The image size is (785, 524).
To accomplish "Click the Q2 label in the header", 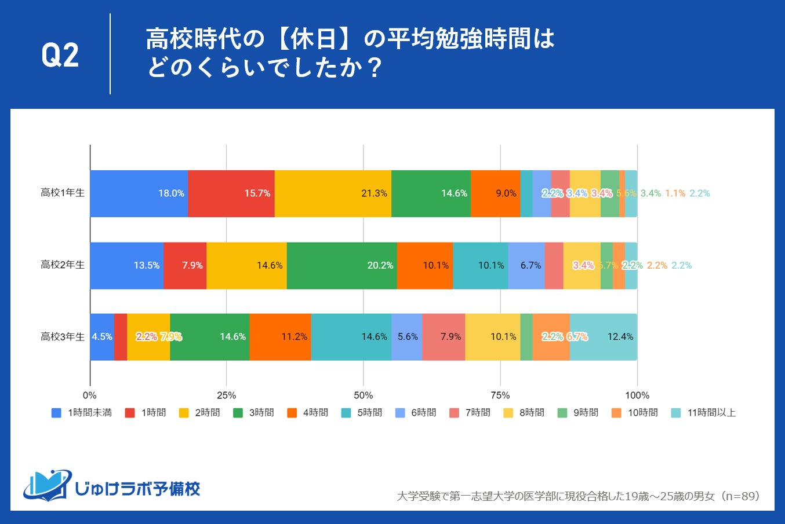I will coord(60,56).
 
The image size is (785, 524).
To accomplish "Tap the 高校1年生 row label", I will coord(63,193).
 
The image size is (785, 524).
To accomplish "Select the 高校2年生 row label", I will coord(63,265).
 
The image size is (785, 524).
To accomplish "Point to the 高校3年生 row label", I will coord(63,336).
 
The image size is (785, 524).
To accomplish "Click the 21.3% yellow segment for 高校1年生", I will coord(333,193).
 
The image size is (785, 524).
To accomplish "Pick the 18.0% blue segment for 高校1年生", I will coord(139,193).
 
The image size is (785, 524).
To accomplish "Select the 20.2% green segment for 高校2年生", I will coord(342,265).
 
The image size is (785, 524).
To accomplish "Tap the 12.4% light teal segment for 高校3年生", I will coord(604,336).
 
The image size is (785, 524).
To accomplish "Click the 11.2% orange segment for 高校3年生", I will coord(280,336).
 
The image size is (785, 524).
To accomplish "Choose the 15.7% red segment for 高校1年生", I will coord(231,193).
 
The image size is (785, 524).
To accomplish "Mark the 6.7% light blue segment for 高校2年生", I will coord(526,265).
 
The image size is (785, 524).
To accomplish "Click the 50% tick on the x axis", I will coord(364,395).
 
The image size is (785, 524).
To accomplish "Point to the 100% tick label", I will coord(637,395).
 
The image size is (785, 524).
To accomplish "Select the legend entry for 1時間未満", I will coord(82,413).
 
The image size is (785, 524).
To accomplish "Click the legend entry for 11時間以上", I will coord(703,413).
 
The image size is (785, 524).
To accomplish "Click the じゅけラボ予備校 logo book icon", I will coord(47,485).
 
